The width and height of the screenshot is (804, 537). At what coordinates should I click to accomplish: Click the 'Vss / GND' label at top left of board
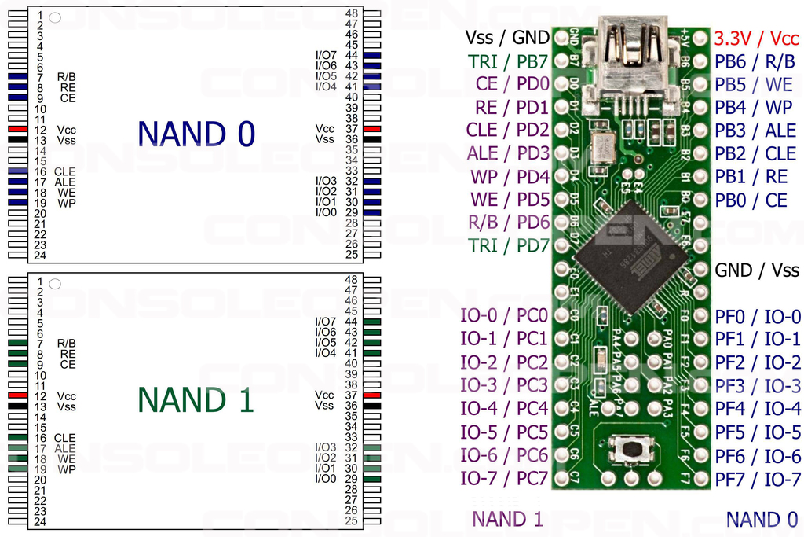click(x=507, y=37)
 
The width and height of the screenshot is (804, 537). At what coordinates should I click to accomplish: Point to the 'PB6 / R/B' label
click(x=755, y=61)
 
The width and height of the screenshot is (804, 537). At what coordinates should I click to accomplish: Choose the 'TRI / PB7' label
click(x=508, y=61)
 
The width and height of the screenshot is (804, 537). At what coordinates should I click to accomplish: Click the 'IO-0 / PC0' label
click(x=504, y=316)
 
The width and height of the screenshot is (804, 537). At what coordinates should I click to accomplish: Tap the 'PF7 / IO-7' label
click(x=758, y=479)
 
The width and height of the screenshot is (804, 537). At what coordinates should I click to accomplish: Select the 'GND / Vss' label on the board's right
click(x=757, y=270)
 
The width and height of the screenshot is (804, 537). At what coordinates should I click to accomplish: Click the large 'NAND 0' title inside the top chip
click(x=196, y=134)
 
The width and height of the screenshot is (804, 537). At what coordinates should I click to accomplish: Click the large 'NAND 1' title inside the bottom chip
click(x=196, y=400)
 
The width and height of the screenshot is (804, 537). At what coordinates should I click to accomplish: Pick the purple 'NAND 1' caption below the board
click(x=507, y=519)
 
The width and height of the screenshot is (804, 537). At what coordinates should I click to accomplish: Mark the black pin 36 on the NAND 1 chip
click(x=371, y=406)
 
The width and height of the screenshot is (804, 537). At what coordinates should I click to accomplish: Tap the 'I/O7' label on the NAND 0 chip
click(x=326, y=55)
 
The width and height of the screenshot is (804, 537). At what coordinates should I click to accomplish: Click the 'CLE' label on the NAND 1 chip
click(x=65, y=438)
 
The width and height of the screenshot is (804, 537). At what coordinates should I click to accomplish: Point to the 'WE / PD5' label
click(x=510, y=200)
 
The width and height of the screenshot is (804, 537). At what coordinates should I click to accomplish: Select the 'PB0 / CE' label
click(x=751, y=200)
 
